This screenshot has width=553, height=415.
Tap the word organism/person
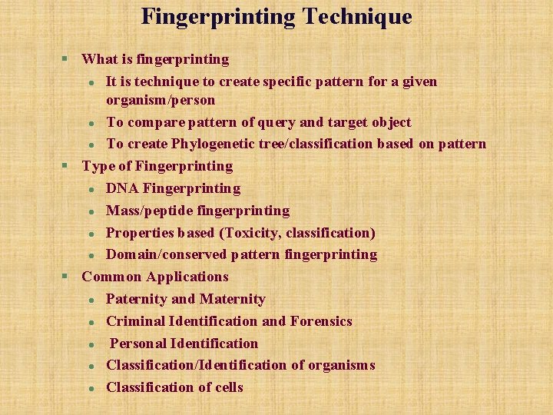(161, 100)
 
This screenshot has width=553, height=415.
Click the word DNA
(122, 188)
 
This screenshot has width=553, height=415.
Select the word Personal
(138, 344)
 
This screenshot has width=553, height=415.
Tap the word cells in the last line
(228, 387)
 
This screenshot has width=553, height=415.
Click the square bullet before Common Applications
(65, 277)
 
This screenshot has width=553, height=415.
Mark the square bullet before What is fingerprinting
(65, 59)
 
